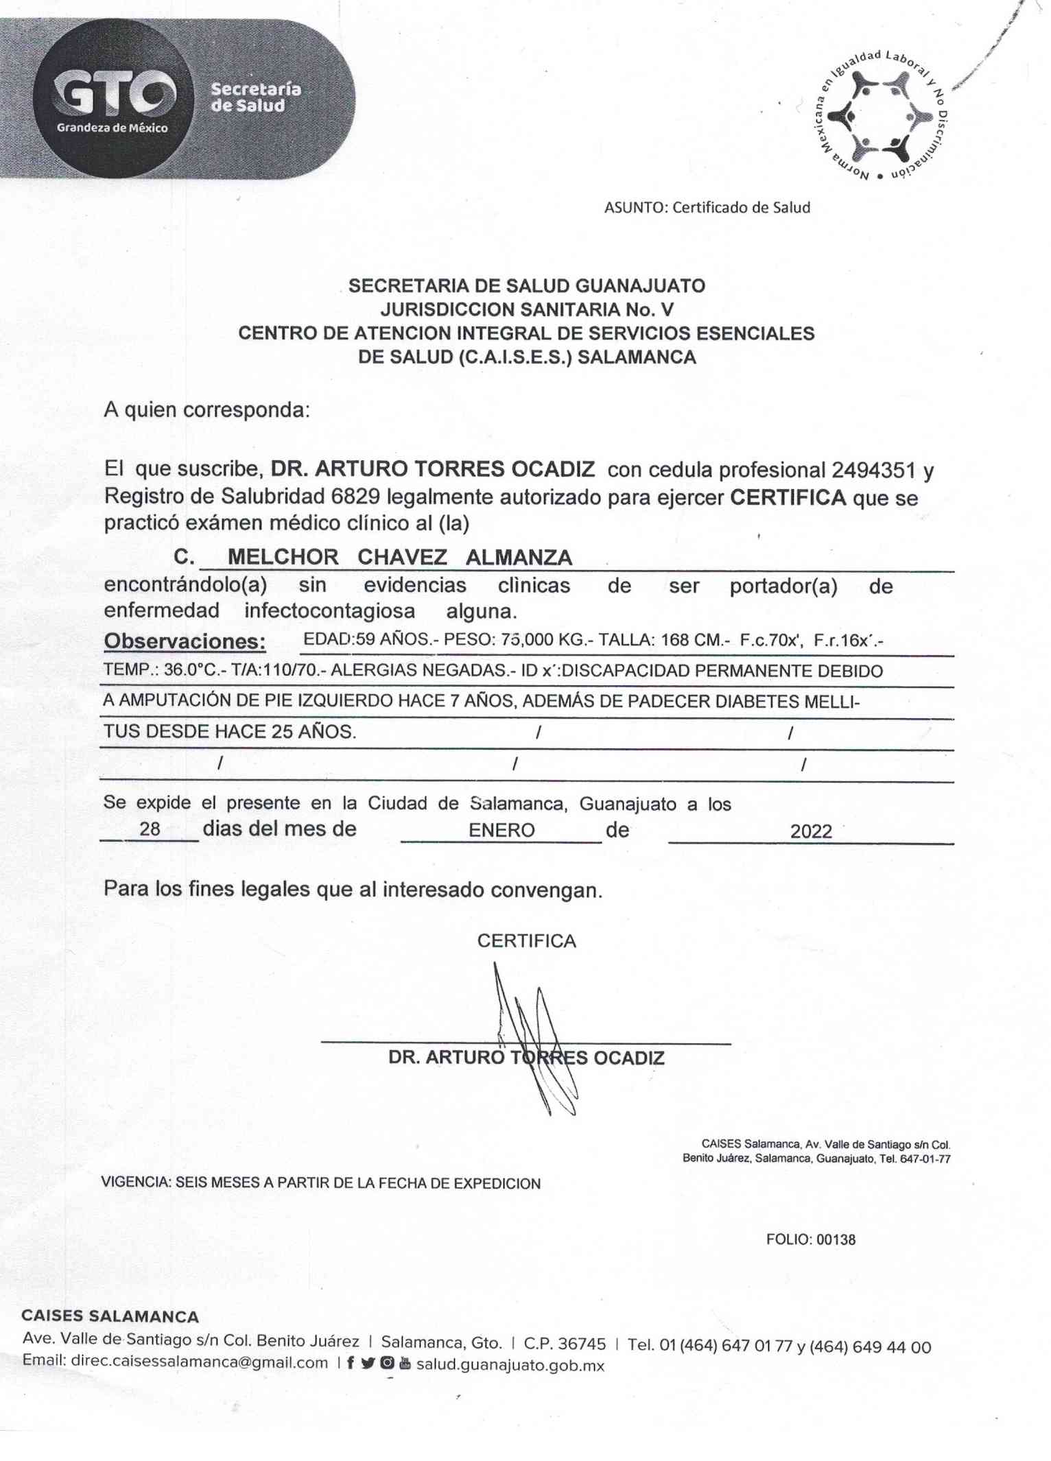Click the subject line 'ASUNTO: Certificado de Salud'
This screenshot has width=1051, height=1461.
(707, 207)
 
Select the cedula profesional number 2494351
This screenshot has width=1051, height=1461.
(873, 470)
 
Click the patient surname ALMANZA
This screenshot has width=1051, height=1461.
(519, 557)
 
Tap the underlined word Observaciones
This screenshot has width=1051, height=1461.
(185, 641)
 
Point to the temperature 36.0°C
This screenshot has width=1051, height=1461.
(190, 670)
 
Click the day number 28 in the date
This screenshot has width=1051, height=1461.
(150, 829)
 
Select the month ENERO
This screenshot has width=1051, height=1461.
(501, 830)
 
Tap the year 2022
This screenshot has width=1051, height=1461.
(811, 831)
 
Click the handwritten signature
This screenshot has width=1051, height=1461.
(535, 1036)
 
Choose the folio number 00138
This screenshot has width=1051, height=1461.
(836, 1239)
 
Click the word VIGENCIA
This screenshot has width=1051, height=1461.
(135, 1183)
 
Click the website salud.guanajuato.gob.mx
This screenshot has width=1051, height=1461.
(510, 1365)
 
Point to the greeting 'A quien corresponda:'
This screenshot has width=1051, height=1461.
(207, 410)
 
